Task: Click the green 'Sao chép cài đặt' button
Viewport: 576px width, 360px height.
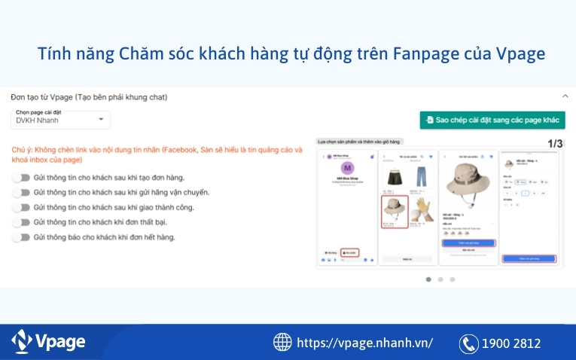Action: click(492, 120)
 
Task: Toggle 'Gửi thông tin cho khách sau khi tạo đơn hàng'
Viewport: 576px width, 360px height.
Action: click(21, 178)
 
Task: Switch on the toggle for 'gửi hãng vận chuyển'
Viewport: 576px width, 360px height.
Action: click(21, 193)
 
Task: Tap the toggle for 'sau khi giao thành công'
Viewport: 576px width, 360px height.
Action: click(21, 207)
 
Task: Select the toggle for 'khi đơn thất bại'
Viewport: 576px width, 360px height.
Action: click(21, 222)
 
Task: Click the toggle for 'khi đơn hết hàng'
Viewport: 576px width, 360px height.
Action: click(21, 237)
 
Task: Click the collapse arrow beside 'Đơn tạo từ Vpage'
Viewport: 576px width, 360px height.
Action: click(565, 96)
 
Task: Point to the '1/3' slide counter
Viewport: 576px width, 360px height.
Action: click(555, 143)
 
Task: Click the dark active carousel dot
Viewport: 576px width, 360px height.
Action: click(428, 279)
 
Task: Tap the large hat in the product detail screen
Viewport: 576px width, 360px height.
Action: click(468, 185)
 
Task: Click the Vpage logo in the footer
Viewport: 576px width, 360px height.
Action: click(48, 342)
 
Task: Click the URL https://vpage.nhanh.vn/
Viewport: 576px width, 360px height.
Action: click(364, 343)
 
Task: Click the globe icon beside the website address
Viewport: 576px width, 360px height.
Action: click(282, 343)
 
